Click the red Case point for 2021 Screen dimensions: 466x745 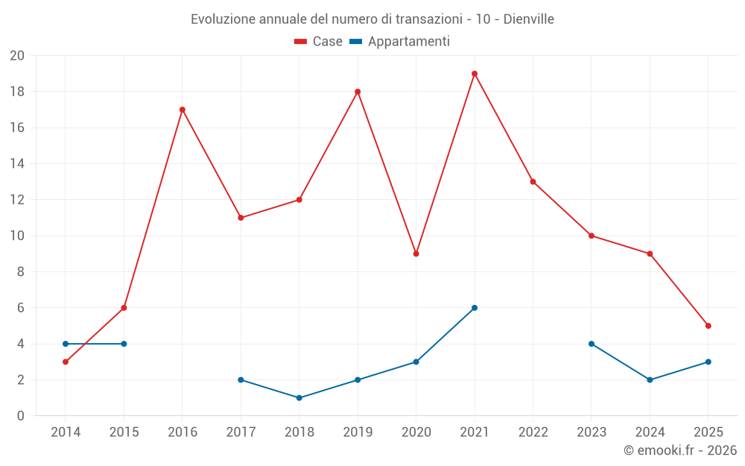(475, 74)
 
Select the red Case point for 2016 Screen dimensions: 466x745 (183, 110)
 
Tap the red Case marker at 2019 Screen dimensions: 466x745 (358, 92)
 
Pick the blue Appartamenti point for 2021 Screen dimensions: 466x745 (475, 308)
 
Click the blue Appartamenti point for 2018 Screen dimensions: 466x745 (299, 398)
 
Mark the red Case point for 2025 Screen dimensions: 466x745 (708, 326)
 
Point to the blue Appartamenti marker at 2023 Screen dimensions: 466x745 (592, 344)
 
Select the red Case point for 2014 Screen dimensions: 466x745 (66, 362)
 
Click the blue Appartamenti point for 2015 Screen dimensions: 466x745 (124, 344)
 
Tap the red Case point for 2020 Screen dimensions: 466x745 (416, 254)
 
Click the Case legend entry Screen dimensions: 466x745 (319, 42)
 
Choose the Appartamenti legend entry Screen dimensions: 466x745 (400, 42)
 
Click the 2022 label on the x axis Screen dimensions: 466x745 (533, 432)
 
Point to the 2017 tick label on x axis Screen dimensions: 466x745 (241, 432)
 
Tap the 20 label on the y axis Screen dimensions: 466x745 (17, 56)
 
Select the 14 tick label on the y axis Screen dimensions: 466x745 (17, 164)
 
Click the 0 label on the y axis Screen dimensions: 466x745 (21, 416)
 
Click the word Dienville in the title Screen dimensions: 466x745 (528, 19)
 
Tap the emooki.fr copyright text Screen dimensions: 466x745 (679, 450)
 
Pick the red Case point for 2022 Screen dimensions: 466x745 (533, 182)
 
